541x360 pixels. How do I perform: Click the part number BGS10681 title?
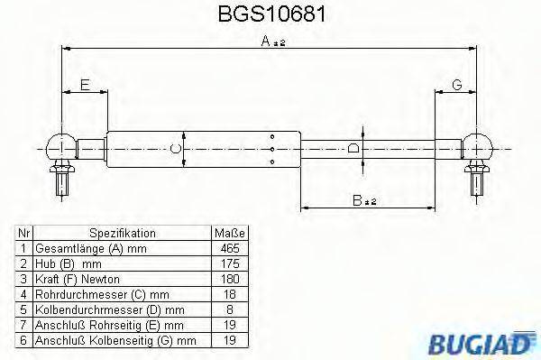(270, 15)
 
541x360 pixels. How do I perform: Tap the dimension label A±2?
(271, 42)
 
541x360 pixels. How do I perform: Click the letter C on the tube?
(178, 148)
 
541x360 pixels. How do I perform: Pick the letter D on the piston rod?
(354, 148)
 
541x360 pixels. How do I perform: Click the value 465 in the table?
(230, 248)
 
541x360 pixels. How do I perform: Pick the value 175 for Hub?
(230, 263)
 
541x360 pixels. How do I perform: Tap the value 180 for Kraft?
(230, 279)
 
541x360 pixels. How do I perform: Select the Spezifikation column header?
(122, 233)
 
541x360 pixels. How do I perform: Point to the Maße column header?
(230, 233)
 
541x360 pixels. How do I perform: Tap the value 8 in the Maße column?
(230, 309)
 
